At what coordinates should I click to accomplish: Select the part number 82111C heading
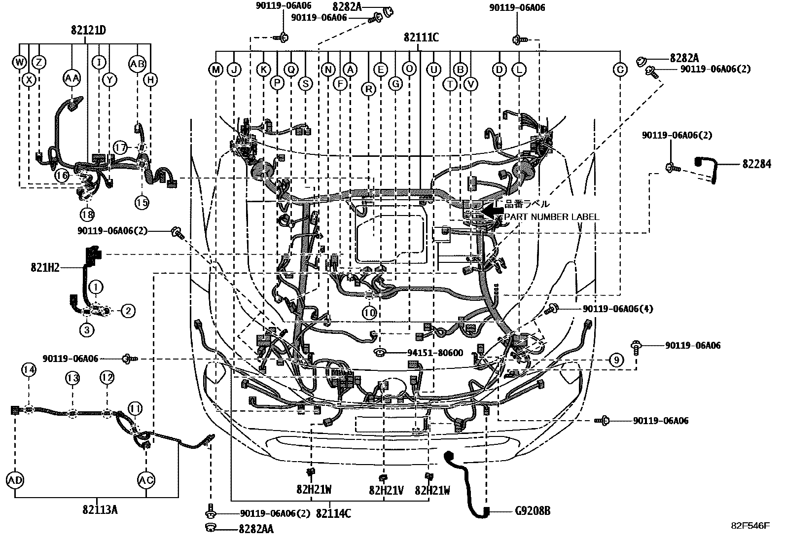click(x=421, y=37)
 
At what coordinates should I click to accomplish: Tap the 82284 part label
click(x=756, y=164)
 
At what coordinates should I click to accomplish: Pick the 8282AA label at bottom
click(x=256, y=529)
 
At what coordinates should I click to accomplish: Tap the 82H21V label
click(x=386, y=491)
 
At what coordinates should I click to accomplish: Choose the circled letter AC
click(x=146, y=479)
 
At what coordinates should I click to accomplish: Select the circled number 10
click(x=369, y=313)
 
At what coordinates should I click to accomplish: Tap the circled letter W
click(x=19, y=62)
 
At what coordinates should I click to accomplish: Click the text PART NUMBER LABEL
click(x=551, y=217)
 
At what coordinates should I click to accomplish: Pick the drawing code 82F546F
click(x=749, y=526)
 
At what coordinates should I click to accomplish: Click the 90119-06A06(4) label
click(x=618, y=309)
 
